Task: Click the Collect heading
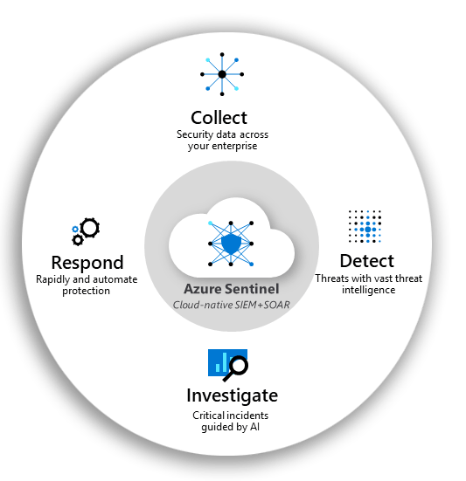pyautogui.click(x=219, y=118)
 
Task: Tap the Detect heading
pyautogui.click(x=367, y=261)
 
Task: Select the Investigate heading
pyautogui.click(x=233, y=395)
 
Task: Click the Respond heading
pyautogui.click(x=87, y=263)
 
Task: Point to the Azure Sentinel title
pyautogui.click(x=232, y=289)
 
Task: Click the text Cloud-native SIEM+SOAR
pyautogui.click(x=232, y=305)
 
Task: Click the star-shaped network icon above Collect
pyautogui.click(x=222, y=74)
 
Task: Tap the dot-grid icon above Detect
pyautogui.click(x=365, y=226)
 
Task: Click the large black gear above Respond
pyautogui.click(x=90, y=228)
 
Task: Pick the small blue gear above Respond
pyautogui.click(x=75, y=229)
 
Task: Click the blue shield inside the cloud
pyautogui.click(x=231, y=244)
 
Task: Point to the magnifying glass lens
pyautogui.click(x=239, y=366)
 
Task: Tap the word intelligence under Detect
pyautogui.click(x=369, y=290)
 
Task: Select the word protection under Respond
pyautogui.click(x=86, y=291)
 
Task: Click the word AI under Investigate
pyautogui.click(x=255, y=427)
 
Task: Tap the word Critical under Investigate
pyautogui.click(x=209, y=416)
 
